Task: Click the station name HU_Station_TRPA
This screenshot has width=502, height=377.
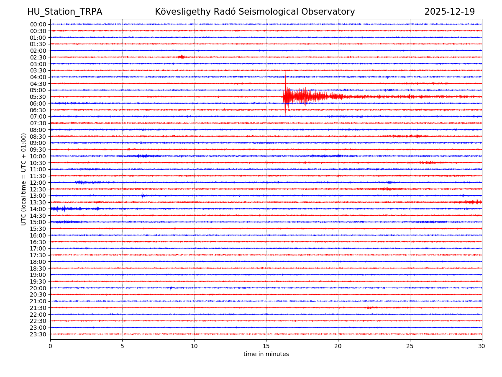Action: [x=64, y=12]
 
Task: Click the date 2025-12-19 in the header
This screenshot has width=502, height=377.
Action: [x=450, y=12]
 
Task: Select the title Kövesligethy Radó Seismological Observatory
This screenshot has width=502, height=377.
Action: [x=255, y=12]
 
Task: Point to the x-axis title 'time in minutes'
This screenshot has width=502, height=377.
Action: [x=266, y=354]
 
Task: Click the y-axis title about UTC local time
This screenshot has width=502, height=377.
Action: [x=24, y=179]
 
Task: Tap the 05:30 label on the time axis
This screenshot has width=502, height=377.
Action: [x=38, y=97]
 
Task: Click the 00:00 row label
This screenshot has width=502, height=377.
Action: [x=38, y=24]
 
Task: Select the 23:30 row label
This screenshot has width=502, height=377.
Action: [x=38, y=334]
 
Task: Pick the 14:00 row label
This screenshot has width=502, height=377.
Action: [x=38, y=209]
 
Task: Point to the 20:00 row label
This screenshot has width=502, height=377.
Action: [x=38, y=288]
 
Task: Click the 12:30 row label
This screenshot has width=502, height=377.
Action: [x=38, y=189]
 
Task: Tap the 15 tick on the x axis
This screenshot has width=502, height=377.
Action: [x=266, y=346]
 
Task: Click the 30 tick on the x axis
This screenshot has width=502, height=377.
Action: [x=482, y=346]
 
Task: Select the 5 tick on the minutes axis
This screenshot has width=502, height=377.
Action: [x=122, y=346]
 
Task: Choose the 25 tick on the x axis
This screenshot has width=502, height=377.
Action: [x=410, y=346]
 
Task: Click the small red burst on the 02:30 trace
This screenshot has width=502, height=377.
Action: [x=181, y=57]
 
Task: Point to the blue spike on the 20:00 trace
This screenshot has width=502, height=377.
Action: [x=171, y=288]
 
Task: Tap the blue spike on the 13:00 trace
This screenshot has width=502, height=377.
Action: [x=143, y=195]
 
